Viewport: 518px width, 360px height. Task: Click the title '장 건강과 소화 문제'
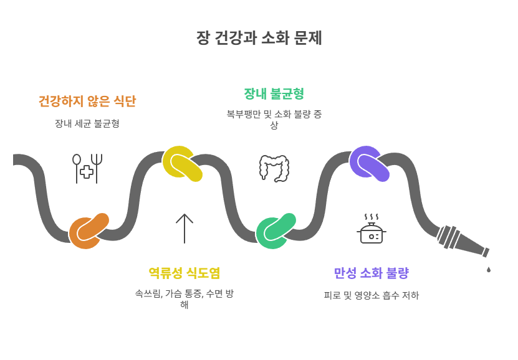click(259, 38)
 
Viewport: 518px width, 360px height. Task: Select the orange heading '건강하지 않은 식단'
click(87, 101)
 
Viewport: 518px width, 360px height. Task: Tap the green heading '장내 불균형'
click(274, 94)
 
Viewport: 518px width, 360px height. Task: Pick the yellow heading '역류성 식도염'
click(185, 273)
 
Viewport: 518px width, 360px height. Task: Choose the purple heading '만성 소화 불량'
click(371, 273)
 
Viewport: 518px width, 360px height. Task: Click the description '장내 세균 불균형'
click(87, 123)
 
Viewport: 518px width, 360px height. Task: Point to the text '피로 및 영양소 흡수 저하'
click(371, 295)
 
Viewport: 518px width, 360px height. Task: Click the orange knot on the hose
click(88, 230)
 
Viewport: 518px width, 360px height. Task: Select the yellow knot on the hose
click(181, 164)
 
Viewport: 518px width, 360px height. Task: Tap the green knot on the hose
click(275, 230)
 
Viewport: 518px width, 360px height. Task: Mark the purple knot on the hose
click(368, 164)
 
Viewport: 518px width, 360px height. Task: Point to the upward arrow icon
click(185, 228)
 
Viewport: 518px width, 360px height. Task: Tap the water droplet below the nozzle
click(489, 270)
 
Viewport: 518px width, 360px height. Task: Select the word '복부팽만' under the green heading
click(242, 114)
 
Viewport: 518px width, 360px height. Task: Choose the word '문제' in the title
click(309, 38)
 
